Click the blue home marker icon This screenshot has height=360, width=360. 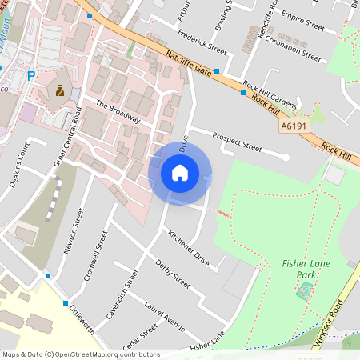[x=180, y=172]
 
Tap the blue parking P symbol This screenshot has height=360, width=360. [x=32, y=76]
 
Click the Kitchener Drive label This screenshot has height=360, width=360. [x=189, y=249]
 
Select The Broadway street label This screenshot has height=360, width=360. [x=118, y=112]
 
